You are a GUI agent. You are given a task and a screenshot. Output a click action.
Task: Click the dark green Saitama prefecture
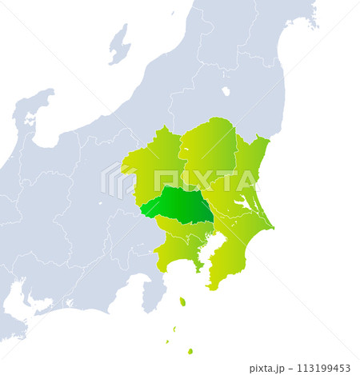coord(180,205)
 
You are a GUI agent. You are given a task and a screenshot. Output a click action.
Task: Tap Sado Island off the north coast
coord(119,43)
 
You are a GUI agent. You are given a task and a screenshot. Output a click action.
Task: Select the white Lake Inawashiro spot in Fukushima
coord(226,91)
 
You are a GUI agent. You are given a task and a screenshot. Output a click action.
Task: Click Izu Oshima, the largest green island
coord(182,301)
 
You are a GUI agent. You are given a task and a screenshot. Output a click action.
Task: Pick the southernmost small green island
coord(190,351)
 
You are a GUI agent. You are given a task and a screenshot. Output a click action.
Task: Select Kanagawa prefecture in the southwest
coord(176,251)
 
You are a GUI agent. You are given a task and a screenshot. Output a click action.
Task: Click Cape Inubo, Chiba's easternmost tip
coord(273,228)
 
